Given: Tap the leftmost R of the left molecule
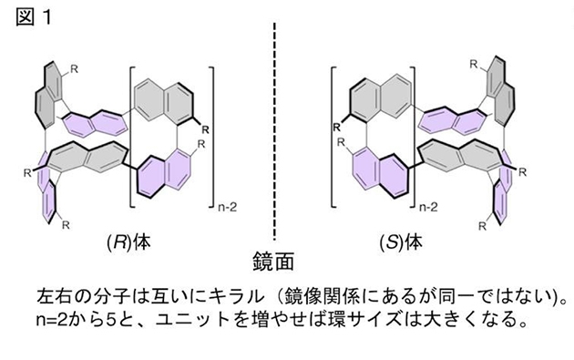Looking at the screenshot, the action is click(x=31, y=170).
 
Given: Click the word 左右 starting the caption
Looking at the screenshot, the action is click(x=51, y=297).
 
